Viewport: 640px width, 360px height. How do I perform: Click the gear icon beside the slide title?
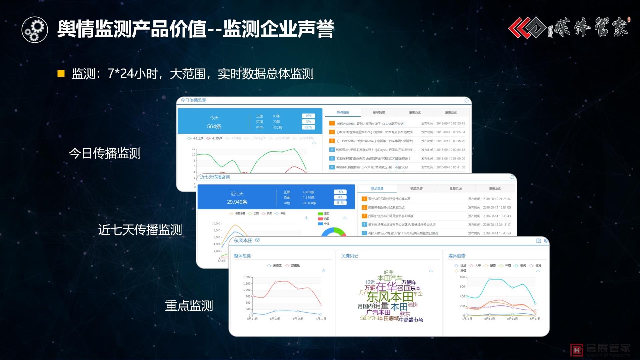pos(35,29)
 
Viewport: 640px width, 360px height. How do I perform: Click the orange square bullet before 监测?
pos(61,74)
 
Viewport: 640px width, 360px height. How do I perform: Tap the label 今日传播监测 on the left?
pos(105,153)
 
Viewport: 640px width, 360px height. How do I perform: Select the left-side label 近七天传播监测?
pos(140,230)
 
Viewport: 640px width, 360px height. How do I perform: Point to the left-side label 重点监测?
pos(189,306)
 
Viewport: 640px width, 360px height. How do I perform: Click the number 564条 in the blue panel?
pos(214,127)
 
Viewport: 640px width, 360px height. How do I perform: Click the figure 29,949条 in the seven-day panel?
pos(237,202)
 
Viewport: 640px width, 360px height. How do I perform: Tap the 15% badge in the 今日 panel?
pos(308,116)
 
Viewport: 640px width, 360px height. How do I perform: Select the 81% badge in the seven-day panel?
pos(340,203)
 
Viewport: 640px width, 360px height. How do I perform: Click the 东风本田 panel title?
pos(243,241)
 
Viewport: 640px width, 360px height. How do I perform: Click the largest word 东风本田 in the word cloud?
pos(390,297)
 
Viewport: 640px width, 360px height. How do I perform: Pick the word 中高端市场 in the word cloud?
pos(411,320)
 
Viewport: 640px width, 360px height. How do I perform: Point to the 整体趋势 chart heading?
pos(242,256)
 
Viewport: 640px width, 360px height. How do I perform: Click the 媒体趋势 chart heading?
pos(457,256)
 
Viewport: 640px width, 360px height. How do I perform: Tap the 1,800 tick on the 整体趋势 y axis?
pos(247,277)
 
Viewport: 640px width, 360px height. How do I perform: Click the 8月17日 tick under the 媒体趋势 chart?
pos(535,319)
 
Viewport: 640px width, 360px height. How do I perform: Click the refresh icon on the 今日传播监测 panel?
pos(466,100)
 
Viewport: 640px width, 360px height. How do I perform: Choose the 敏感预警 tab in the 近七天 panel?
pos(416,189)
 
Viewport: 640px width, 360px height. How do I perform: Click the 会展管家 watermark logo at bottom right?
pos(600,349)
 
